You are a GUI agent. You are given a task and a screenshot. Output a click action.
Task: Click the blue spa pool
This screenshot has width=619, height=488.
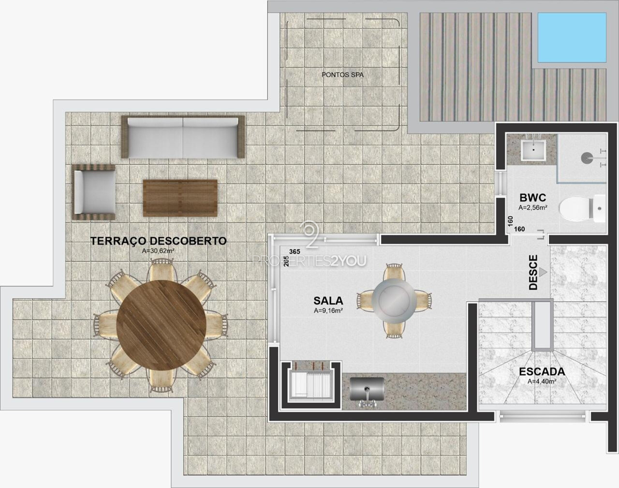[x=572, y=37]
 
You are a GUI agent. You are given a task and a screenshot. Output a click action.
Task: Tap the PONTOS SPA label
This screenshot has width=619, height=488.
[x=342, y=75]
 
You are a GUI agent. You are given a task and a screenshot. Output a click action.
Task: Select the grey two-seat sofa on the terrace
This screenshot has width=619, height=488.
[x=183, y=137]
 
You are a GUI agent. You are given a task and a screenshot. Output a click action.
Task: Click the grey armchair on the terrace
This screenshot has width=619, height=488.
[x=94, y=192]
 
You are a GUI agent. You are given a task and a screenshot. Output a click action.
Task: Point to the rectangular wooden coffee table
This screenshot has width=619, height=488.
[x=180, y=198]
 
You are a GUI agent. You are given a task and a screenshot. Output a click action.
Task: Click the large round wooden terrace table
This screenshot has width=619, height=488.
[x=161, y=325]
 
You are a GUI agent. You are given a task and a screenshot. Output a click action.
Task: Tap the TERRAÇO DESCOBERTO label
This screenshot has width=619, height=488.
[x=159, y=241]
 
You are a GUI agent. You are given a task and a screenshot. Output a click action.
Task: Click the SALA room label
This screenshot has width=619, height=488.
[x=328, y=301]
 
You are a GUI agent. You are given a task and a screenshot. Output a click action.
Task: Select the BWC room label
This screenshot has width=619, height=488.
[x=533, y=197]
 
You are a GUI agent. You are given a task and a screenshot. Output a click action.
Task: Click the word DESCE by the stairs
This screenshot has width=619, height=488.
[x=533, y=272]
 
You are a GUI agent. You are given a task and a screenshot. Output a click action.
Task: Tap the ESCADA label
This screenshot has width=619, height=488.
[x=542, y=372]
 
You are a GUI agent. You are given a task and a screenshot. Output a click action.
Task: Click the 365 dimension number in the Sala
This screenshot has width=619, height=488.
[x=295, y=251]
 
